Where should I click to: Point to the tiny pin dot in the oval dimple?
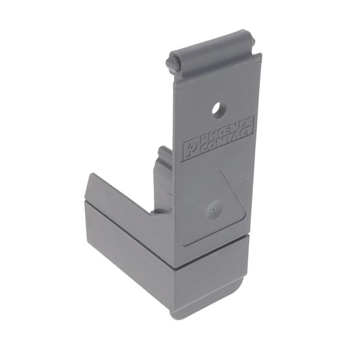(214, 209)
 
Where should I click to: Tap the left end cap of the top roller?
(170, 64)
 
